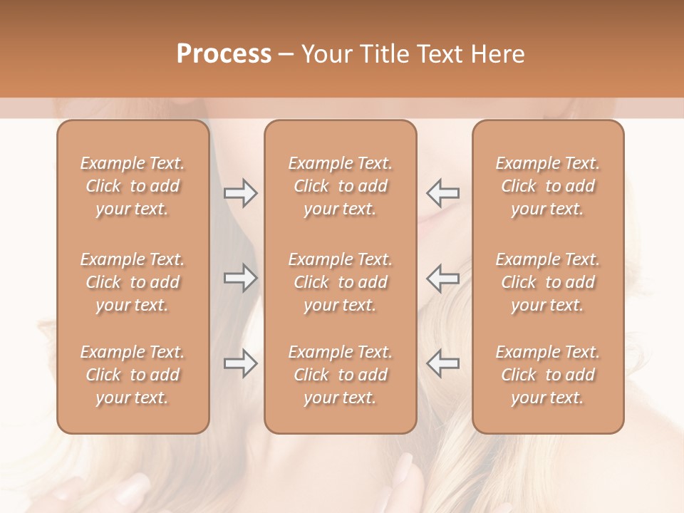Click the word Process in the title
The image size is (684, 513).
[x=224, y=54]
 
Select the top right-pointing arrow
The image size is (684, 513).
[x=241, y=193]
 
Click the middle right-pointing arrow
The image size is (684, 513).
[x=241, y=278]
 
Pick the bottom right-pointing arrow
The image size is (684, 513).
[x=241, y=363]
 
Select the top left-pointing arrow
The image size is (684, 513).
[x=442, y=193]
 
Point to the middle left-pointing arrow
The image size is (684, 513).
[x=442, y=278]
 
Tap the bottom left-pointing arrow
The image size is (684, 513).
[x=442, y=363]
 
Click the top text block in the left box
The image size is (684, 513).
[x=133, y=186]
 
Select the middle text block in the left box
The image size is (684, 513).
[x=133, y=282]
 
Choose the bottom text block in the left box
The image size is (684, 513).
[x=133, y=375]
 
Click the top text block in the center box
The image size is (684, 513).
[x=341, y=186]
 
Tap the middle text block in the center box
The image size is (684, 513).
[x=341, y=282]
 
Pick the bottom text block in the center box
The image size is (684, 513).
[x=341, y=375]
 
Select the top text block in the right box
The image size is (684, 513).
[x=548, y=186]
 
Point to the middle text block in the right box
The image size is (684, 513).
[x=548, y=282]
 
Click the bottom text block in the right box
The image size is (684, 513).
[x=548, y=375]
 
